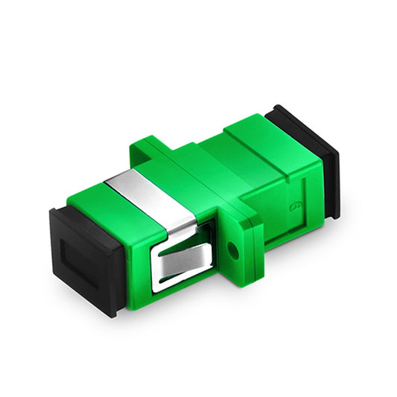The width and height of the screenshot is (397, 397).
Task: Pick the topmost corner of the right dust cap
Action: click(277, 106)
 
